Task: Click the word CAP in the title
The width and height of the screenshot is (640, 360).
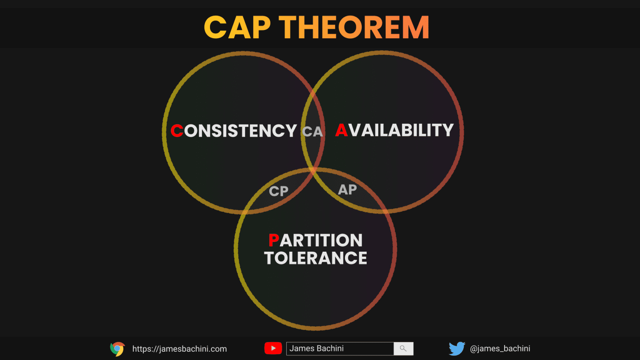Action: (237, 27)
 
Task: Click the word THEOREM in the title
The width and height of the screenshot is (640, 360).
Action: (354, 27)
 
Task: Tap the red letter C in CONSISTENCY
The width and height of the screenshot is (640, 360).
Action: (177, 131)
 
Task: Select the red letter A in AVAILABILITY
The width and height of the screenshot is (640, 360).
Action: (341, 130)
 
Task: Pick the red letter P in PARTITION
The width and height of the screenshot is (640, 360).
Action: (273, 240)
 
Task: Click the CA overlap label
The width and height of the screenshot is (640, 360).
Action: (312, 132)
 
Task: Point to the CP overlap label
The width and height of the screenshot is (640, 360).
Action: (279, 191)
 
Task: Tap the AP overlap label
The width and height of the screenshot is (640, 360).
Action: (347, 190)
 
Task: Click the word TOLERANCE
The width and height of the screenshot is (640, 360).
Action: (315, 258)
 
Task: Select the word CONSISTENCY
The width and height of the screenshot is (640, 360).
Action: (234, 131)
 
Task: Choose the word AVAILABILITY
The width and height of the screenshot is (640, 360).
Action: (394, 130)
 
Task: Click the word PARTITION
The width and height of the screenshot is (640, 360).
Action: (316, 240)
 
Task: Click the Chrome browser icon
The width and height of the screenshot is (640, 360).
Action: (117, 349)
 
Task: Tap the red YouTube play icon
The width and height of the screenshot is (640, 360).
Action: (273, 348)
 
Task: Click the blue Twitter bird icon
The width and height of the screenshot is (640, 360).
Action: (457, 349)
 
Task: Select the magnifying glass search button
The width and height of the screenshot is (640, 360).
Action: (403, 349)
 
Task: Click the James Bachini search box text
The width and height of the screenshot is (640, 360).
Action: (317, 349)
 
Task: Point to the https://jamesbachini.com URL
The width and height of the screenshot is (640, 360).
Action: (180, 349)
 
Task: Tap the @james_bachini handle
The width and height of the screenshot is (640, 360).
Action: (500, 349)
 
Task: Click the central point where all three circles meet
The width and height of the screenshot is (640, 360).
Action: (313, 171)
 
